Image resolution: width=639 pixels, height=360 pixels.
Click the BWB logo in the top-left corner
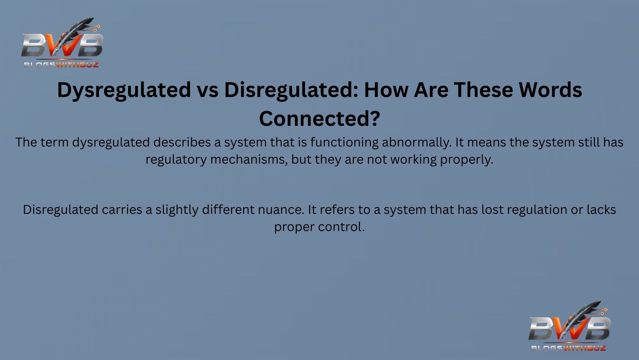(x=62, y=43)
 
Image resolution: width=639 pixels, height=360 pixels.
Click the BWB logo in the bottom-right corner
(x=569, y=326)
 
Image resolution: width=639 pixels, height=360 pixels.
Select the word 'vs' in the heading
(x=207, y=90)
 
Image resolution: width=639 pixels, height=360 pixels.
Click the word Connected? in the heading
(x=319, y=118)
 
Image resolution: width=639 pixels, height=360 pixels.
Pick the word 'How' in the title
(x=386, y=90)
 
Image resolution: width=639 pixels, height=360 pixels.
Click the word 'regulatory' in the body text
(x=176, y=160)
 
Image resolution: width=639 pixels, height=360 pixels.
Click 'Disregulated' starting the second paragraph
(x=61, y=210)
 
